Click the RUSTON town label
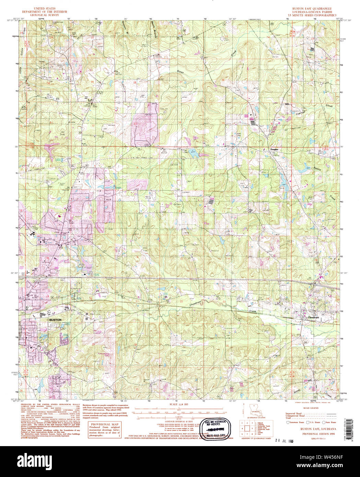(x=55, y=319)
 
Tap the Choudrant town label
(x=313, y=318)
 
